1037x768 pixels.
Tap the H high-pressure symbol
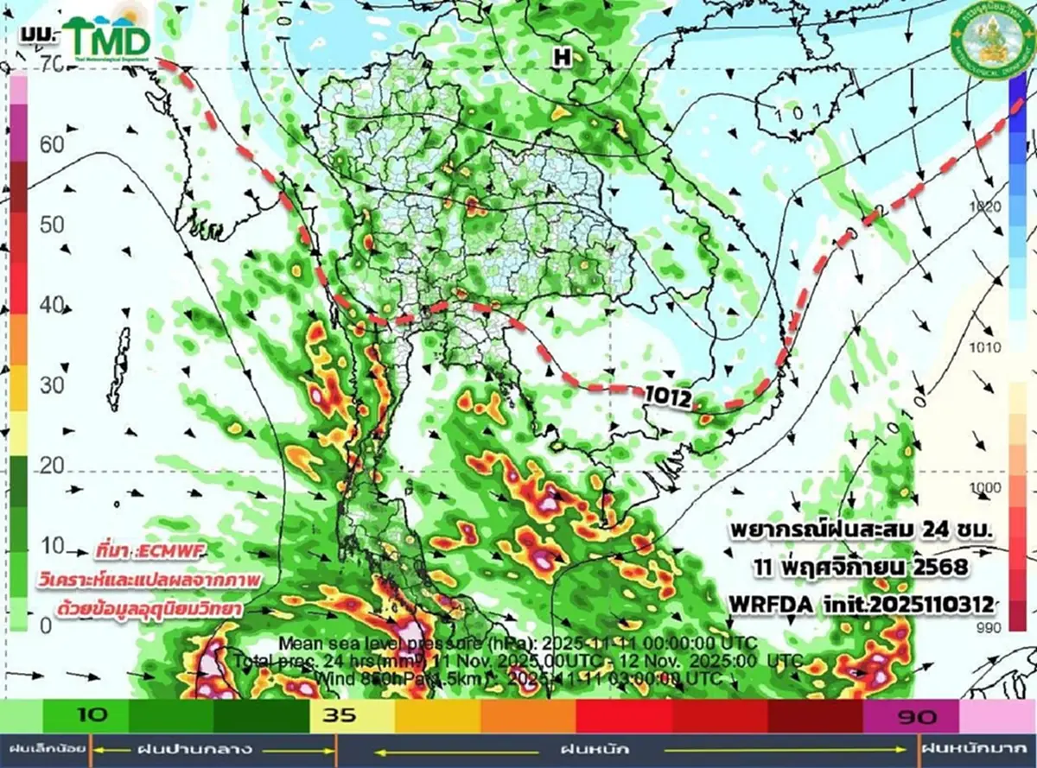[x=563, y=58]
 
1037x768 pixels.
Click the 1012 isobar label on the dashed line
[x=669, y=397]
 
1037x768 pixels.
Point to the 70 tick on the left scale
[x=50, y=63]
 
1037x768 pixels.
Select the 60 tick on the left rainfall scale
[x=52, y=144]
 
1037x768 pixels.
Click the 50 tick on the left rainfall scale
[x=52, y=225]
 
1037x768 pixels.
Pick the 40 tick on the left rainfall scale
[x=52, y=305]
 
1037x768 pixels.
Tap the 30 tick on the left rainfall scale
[x=52, y=385]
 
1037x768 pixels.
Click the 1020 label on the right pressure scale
[x=986, y=206]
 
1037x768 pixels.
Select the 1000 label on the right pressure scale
[x=986, y=488]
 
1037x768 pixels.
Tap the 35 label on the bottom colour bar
[x=334, y=715]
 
